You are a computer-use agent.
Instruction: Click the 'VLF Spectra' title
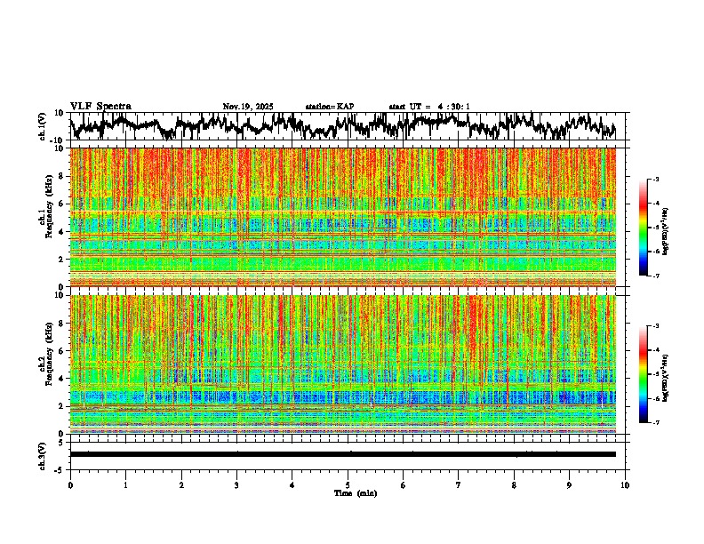[x=100, y=106]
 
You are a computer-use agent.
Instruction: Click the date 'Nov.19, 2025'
[x=248, y=107]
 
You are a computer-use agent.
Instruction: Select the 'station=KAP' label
[x=329, y=107]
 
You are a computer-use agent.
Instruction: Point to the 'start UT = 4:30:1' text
[x=429, y=107]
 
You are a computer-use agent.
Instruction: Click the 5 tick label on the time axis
[x=348, y=484]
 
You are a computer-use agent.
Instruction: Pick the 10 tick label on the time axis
[x=625, y=484]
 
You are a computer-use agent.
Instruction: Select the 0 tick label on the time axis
[x=70, y=484]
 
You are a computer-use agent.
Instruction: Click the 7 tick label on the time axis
[x=459, y=484]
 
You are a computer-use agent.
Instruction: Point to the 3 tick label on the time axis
[x=236, y=484]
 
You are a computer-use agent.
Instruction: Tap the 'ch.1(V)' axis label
[x=42, y=126]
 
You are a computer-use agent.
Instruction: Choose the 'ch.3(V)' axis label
[x=42, y=453]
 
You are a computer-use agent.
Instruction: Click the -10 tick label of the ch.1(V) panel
[x=58, y=140]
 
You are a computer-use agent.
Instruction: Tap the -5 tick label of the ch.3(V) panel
[x=60, y=468]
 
